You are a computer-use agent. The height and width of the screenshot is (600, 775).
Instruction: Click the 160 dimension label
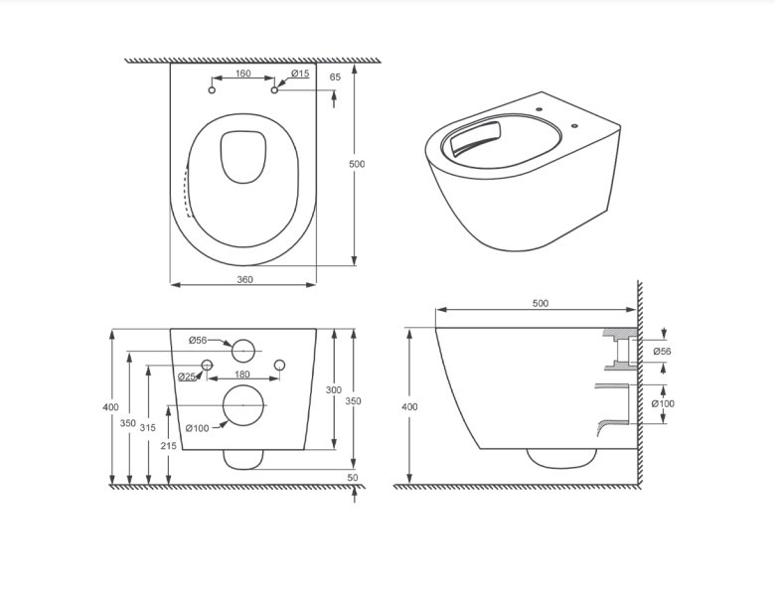click(242, 74)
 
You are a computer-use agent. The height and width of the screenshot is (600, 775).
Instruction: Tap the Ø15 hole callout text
click(299, 74)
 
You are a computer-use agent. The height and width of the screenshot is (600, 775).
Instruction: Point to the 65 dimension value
click(335, 77)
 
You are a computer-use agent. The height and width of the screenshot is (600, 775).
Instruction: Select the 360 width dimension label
click(244, 280)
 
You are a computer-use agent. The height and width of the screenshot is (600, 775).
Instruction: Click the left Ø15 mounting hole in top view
click(212, 90)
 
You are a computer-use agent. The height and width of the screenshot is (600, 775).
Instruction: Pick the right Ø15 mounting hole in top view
click(274, 90)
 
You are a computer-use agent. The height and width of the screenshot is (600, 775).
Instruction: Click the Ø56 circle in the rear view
click(243, 351)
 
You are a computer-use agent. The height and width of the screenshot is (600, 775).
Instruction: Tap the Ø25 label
click(187, 376)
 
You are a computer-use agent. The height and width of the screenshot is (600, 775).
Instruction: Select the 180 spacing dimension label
click(242, 375)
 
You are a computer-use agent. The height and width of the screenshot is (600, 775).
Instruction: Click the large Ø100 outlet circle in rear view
click(243, 405)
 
